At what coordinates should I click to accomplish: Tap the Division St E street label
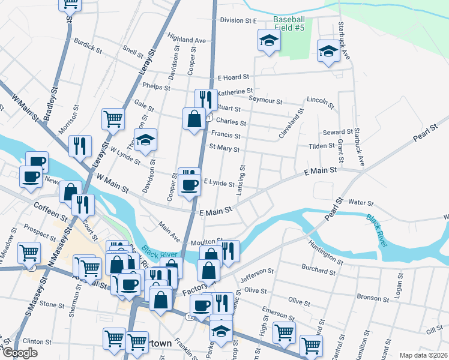tap(238, 20)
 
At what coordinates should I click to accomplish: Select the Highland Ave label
tap(187, 40)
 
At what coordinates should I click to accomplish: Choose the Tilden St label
tap(322, 146)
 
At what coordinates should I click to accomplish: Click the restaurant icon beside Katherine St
tap(206, 98)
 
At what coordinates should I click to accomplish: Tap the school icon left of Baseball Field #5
tap(268, 41)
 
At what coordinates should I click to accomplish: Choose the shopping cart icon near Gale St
tap(113, 118)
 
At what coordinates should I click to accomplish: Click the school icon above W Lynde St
tap(145, 139)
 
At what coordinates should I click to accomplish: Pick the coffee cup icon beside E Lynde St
tap(190, 184)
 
